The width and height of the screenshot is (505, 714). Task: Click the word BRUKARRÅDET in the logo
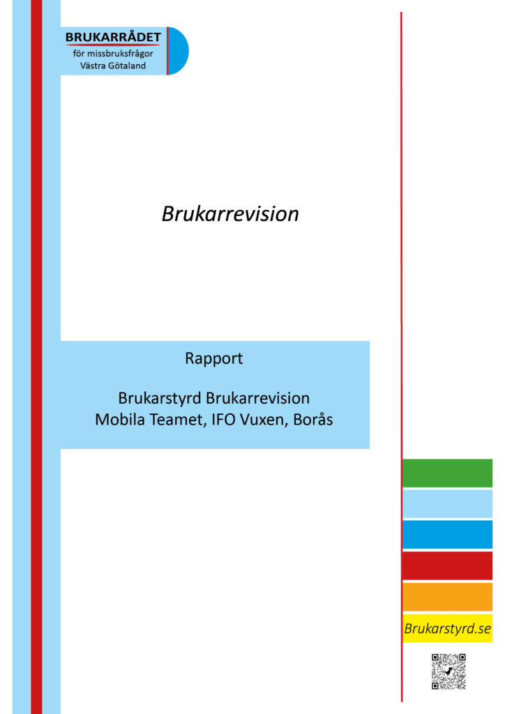point(113,37)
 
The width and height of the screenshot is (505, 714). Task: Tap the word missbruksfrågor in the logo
point(120,54)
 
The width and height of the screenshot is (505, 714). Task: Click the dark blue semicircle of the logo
point(179,50)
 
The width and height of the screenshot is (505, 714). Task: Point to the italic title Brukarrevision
point(230,213)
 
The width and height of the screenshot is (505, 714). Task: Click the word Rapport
point(213,358)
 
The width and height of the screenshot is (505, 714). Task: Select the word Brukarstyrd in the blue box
point(159,398)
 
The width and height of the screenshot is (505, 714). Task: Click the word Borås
point(313,419)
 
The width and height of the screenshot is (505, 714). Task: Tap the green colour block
point(447,473)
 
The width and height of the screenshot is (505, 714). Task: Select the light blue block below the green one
point(447,504)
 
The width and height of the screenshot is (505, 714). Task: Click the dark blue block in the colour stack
point(447,535)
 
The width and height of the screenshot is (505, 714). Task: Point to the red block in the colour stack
point(447,565)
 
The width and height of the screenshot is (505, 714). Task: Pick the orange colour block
point(447,597)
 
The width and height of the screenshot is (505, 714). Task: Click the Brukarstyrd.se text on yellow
point(447,629)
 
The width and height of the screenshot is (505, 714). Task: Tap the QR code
point(449,671)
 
